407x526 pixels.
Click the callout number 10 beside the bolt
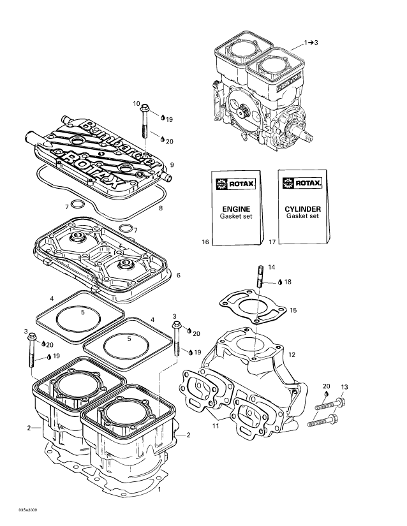pyautogui.click(x=137, y=103)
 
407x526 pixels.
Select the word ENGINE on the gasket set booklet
pyautogui.click(x=235, y=208)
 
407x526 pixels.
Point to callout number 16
pyautogui.click(x=205, y=242)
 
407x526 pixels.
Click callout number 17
pyautogui.click(x=272, y=242)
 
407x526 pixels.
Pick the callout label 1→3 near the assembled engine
pyautogui.click(x=311, y=43)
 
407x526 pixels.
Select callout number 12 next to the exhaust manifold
pyautogui.click(x=292, y=354)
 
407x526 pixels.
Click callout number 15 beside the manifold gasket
pyautogui.click(x=293, y=310)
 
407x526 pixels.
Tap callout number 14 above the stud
pyautogui.click(x=271, y=267)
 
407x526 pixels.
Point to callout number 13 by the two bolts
pyautogui.click(x=344, y=387)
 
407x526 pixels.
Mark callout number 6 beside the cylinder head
pyautogui.click(x=179, y=275)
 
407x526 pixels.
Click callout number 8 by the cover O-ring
pyautogui.click(x=160, y=208)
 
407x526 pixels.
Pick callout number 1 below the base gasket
pyautogui.click(x=159, y=490)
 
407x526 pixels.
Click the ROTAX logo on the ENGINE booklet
pyautogui.click(x=234, y=184)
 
